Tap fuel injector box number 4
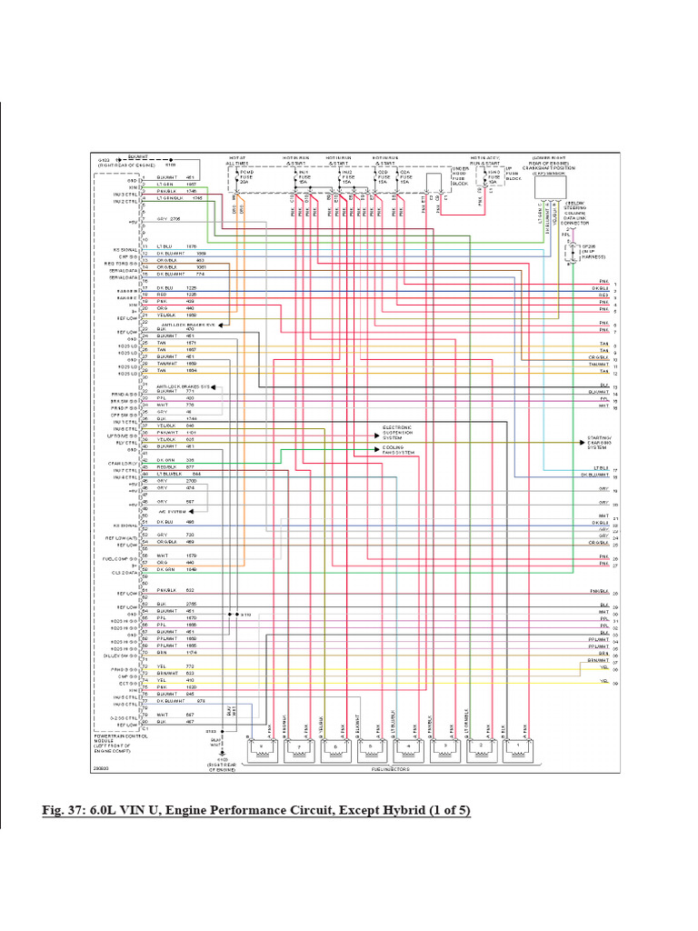(410, 751)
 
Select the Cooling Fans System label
(398, 450)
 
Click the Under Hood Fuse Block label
(461, 175)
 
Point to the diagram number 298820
(101, 767)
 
